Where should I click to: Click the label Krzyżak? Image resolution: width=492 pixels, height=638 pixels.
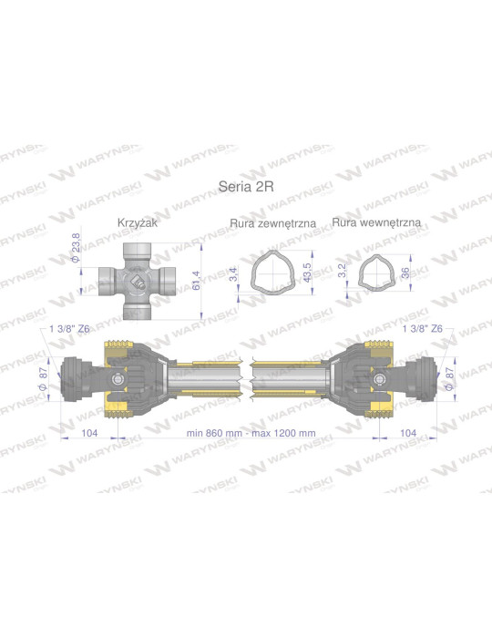(x=137, y=222)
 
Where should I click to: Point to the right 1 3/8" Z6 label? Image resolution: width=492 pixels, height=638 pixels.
(x=422, y=329)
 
